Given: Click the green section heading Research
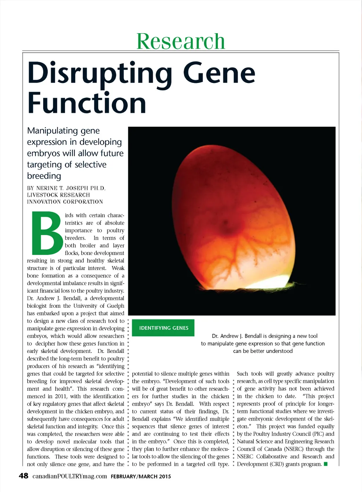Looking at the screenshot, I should pos(181,41).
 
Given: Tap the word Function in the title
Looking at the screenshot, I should pos(87,103).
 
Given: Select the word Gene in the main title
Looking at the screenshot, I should pos(219,73).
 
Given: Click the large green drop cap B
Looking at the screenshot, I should pos(46,234).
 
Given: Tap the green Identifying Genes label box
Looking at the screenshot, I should pos(164,328).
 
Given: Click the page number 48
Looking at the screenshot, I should pos(23,476).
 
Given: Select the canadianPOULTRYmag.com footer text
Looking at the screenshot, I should pos(70,476).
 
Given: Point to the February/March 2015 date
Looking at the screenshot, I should pos(141,476).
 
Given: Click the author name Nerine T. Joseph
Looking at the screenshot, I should pos(63,188).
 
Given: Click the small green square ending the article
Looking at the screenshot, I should pos(326,464).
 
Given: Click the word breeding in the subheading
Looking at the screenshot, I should pos(44,176).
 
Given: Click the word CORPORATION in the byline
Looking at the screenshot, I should pos(83,202).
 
